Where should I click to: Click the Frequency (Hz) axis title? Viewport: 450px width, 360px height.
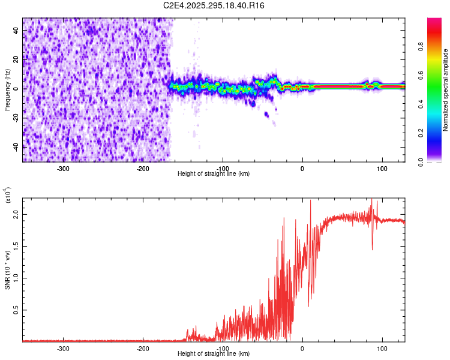(7, 90)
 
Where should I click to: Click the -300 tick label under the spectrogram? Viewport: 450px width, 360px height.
(64, 168)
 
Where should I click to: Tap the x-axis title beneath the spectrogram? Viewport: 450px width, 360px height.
(214, 174)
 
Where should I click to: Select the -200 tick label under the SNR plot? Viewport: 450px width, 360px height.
(143, 348)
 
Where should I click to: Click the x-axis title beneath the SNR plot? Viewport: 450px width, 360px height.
(214, 354)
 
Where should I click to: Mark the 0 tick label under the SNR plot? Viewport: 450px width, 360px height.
(302, 348)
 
